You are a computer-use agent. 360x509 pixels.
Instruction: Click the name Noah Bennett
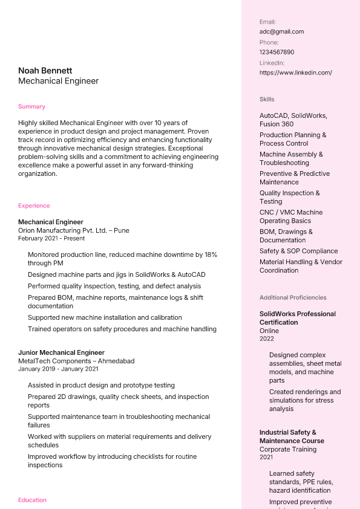pyautogui.click(x=45, y=71)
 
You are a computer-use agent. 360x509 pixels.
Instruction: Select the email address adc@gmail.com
pyautogui.click(x=281, y=31)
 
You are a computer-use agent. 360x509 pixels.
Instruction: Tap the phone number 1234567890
pyautogui.click(x=277, y=52)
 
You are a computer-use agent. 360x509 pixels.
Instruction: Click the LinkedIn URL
pyautogui.click(x=295, y=73)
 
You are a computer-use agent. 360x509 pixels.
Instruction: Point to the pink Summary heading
pyautogui.click(x=31, y=106)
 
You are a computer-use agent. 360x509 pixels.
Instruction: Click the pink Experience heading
pyautogui.click(x=34, y=206)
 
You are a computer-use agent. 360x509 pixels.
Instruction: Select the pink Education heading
pyautogui.click(x=32, y=500)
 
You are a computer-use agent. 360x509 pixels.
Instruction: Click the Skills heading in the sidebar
pyautogui.click(x=267, y=99)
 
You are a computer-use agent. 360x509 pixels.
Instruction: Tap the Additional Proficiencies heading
pyautogui.click(x=293, y=297)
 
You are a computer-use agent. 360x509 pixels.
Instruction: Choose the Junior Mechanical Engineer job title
pyautogui.click(x=61, y=352)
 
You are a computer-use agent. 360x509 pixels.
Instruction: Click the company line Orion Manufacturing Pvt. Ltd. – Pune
pyautogui.click(x=73, y=230)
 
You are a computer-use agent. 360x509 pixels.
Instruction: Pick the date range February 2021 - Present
pyautogui.click(x=51, y=239)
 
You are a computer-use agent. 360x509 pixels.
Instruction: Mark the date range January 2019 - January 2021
pyautogui.click(x=58, y=369)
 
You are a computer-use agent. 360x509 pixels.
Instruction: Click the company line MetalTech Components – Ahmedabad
pyautogui.click(x=76, y=361)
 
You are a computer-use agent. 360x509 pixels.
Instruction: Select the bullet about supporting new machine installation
pyautogui.click(x=105, y=317)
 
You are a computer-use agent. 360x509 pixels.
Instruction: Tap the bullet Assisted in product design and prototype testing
pyautogui.click(x=101, y=385)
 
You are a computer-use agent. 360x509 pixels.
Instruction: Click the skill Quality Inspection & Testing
pyautogui.click(x=289, y=197)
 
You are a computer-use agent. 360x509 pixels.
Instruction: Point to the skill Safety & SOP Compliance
pyautogui.click(x=298, y=251)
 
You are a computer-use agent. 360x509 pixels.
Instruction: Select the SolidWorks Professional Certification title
pyautogui.click(x=297, y=318)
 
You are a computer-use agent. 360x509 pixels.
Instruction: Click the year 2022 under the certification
pyautogui.click(x=267, y=339)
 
